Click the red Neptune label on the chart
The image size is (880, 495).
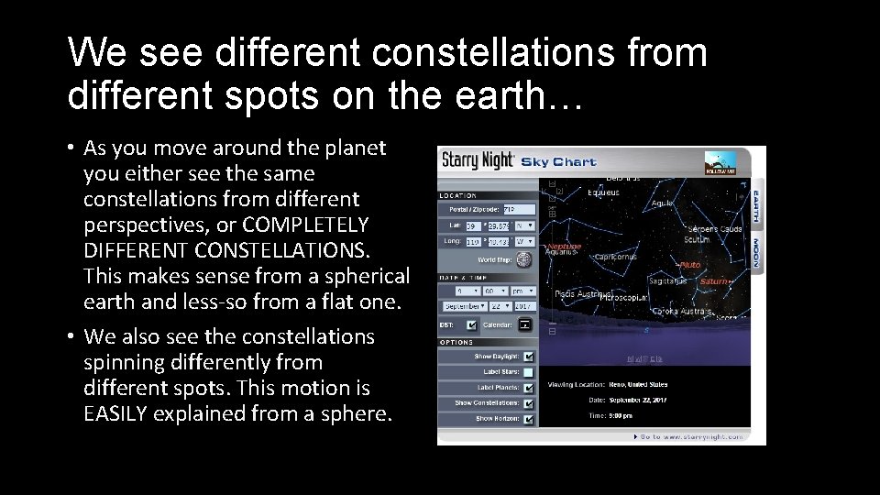click(565, 247)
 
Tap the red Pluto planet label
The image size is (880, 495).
click(689, 265)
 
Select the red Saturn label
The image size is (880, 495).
click(714, 282)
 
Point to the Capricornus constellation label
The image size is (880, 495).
click(613, 258)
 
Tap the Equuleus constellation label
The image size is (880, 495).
click(600, 192)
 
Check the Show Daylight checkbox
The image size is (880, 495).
click(529, 356)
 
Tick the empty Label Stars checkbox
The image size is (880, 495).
click(529, 371)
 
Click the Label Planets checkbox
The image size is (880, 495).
click(529, 387)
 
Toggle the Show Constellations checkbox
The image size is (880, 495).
click(529, 402)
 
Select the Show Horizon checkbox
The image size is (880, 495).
click(529, 418)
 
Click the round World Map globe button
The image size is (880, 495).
click(522, 259)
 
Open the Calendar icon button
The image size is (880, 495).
click(524, 324)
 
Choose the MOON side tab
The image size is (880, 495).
click(757, 252)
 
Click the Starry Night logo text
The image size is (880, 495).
click(478, 160)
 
